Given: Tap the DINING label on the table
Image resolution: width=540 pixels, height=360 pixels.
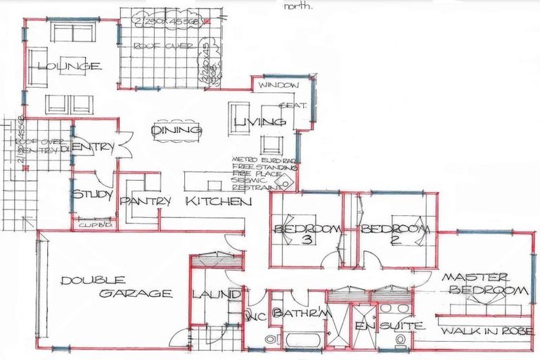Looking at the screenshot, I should pos(176,130).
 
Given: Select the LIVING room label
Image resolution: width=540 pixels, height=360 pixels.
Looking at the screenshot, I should pos(259,122).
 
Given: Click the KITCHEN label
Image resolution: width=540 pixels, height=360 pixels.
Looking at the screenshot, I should pos(218,201).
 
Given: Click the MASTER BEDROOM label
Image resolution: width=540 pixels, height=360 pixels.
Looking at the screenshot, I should pos(484,283).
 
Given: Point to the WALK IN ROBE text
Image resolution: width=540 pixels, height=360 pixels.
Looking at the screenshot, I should pos(485,328).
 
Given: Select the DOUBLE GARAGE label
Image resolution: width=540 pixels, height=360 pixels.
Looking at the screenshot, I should pos(115,287).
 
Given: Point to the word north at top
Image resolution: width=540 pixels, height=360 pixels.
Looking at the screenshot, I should pos(299,6).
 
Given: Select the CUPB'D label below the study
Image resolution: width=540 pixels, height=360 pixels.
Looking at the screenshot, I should pos(91,225).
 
